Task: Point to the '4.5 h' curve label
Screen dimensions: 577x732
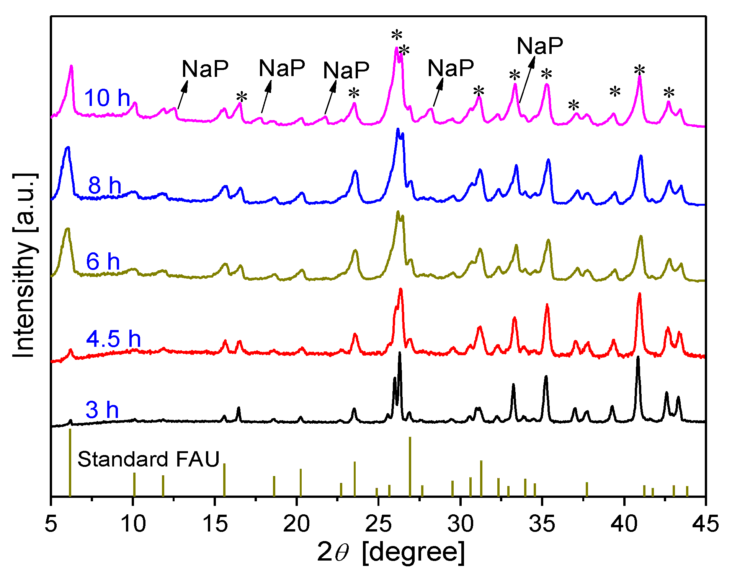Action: (x=113, y=339)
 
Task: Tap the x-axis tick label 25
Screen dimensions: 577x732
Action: (x=378, y=523)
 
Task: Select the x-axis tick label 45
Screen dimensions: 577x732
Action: (x=705, y=523)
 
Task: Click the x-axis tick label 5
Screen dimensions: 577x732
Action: (x=51, y=523)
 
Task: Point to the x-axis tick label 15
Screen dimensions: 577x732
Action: (x=215, y=523)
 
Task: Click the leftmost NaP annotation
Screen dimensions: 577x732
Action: (x=205, y=69)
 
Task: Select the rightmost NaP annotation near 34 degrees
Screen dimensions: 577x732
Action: (x=540, y=46)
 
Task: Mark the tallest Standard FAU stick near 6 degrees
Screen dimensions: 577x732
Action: (x=70, y=463)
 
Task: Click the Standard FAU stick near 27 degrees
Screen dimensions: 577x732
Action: (x=410, y=466)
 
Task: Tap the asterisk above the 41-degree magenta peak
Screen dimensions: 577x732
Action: (x=639, y=71)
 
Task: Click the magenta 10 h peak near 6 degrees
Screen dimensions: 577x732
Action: (x=71, y=67)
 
